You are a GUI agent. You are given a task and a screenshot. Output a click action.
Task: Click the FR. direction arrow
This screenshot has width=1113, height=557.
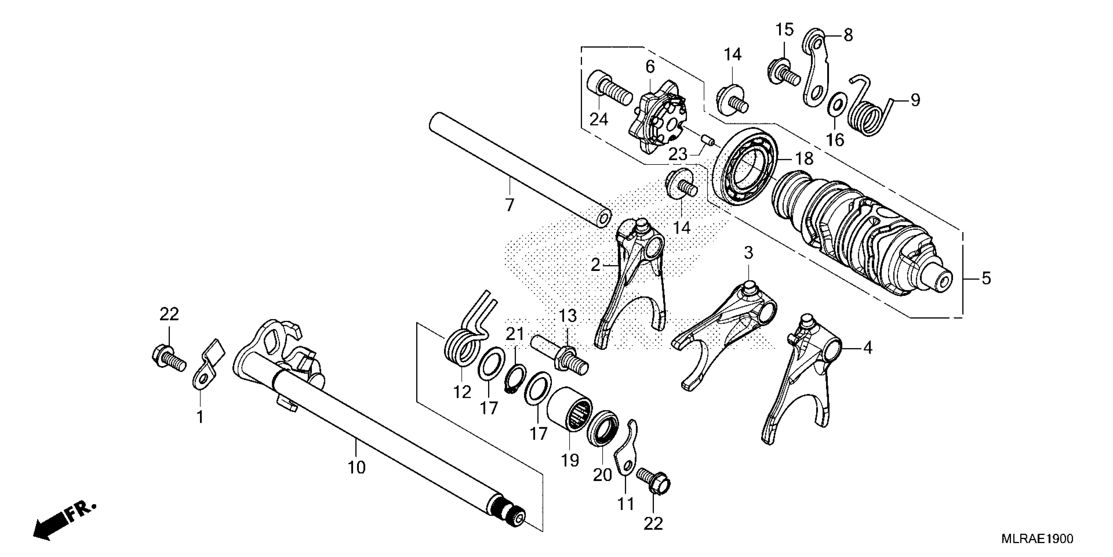(x=65, y=523)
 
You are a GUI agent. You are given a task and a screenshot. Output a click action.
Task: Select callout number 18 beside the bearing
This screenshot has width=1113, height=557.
(x=804, y=159)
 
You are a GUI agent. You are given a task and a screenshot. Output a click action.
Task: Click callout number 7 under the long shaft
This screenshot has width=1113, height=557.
(x=509, y=204)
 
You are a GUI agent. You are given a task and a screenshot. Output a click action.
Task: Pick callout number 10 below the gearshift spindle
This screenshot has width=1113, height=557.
(x=357, y=467)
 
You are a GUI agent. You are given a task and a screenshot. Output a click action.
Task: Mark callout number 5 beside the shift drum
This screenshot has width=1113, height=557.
(x=986, y=278)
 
